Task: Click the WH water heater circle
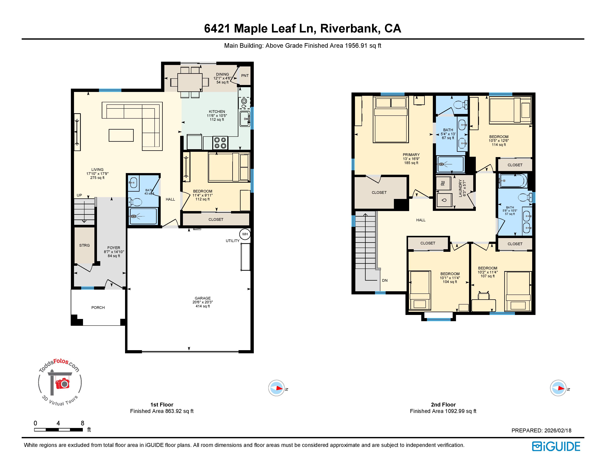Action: [x=245, y=234]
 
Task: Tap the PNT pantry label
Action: [x=245, y=75]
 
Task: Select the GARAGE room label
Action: [x=203, y=298]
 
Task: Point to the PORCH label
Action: [x=98, y=307]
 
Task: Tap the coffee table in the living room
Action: [x=121, y=135]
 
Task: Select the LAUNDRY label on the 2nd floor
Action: [x=460, y=188]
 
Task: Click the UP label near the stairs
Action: [x=79, y=195]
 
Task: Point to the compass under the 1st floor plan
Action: [x=276, y=388]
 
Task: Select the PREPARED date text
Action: [x=541, y=431]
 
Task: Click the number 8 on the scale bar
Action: [x=82, y=423]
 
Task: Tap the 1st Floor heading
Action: [x=162, y=404]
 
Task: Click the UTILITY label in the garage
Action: [x=232, y=241]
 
